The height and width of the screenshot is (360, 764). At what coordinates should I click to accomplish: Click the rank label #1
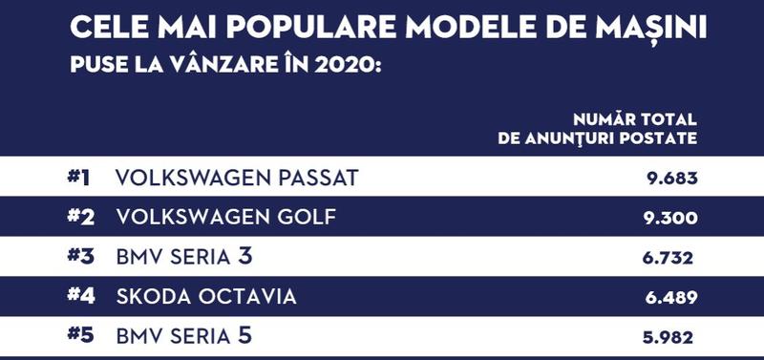point(80,178)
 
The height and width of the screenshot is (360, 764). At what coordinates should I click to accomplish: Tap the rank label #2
point(80,217)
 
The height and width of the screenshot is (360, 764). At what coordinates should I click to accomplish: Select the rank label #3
point(80,256)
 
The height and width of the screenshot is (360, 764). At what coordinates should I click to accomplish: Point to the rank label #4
point(80,296)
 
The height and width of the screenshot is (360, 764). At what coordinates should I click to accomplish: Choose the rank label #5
point(80,335)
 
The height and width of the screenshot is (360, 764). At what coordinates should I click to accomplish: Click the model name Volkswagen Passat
point(236,178)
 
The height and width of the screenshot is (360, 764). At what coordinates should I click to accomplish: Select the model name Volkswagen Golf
point(225,217)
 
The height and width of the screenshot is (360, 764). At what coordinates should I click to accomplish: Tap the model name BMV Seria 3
point(184,256)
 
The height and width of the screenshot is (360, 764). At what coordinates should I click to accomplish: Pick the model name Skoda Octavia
point(205,296)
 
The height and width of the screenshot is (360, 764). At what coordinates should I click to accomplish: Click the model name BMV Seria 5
point(184,335)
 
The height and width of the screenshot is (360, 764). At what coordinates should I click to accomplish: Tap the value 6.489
point(671,297)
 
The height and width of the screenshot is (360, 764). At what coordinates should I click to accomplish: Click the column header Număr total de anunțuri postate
point(598,128)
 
